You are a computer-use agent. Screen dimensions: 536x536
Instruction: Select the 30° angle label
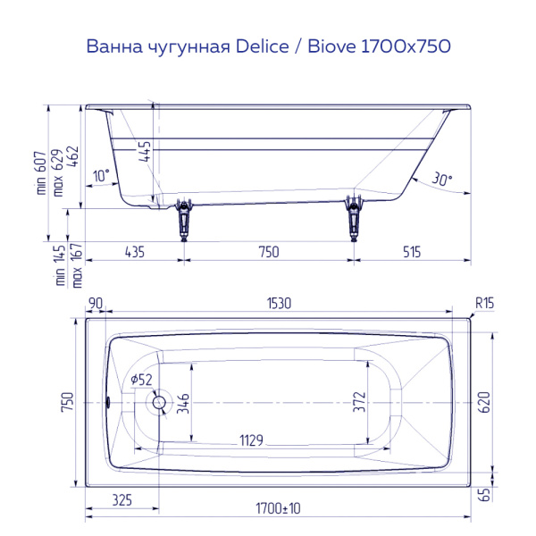click(441, 179)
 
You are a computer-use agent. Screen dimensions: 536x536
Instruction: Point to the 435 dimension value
click(134, 252)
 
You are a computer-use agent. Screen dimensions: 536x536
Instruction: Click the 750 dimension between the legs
click(268, 252)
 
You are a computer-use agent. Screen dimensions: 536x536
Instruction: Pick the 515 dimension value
click(411, 252)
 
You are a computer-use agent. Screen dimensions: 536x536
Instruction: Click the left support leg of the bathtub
click(184, 218)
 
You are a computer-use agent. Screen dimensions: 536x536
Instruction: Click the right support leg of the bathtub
click(354, 218)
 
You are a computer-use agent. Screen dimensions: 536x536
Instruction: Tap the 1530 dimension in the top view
click(280, 304)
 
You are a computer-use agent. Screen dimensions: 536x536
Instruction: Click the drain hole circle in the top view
click(160, 402)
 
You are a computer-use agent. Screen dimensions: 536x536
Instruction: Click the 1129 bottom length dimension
click(255, 439)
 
